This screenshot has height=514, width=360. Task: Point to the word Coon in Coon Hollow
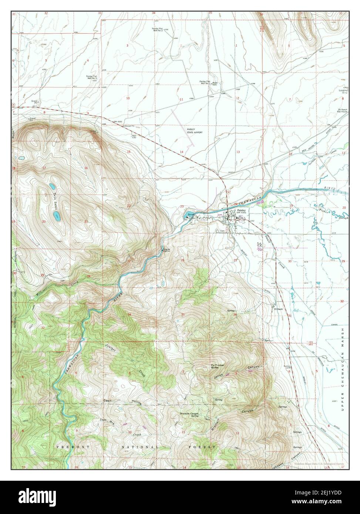107,400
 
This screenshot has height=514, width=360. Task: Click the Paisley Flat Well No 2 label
160,29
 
